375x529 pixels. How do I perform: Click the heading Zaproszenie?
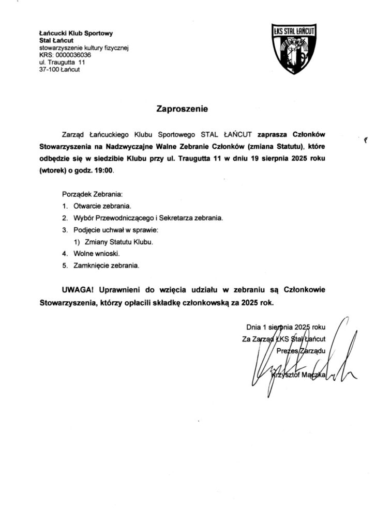click(182, 109)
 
